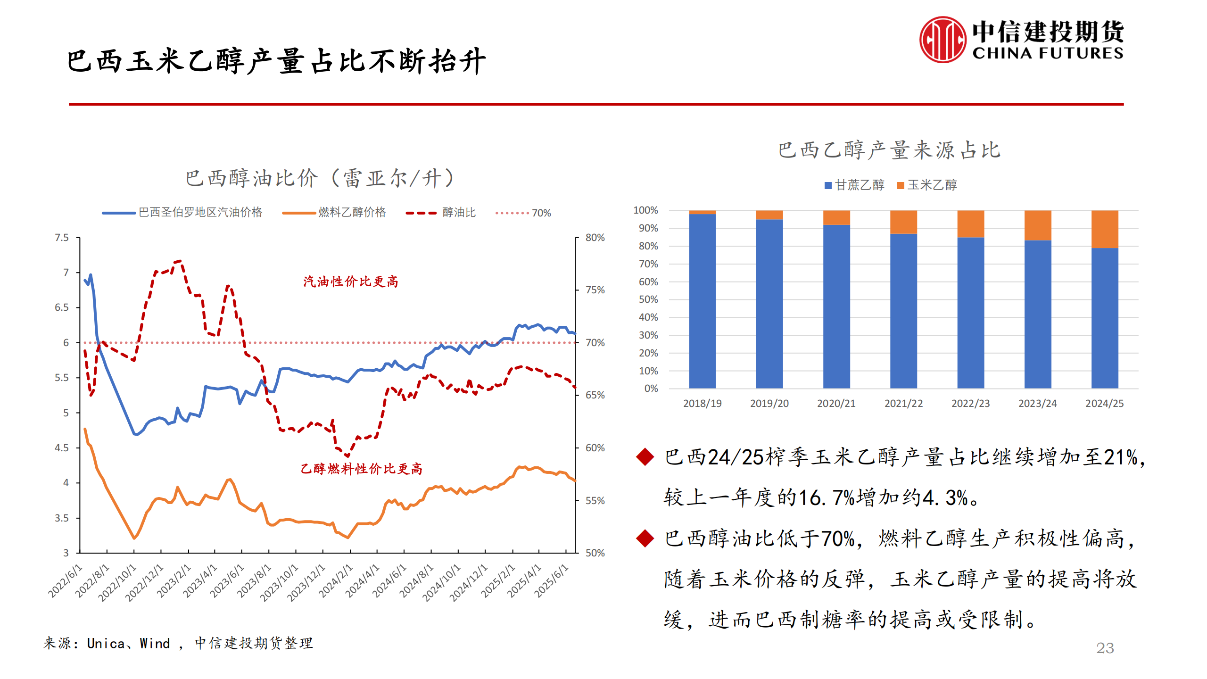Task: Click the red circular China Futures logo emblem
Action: (942, 40)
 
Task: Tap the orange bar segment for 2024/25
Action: (1104, 229)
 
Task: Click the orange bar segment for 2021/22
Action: (903, 222)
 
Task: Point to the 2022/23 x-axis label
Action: (970, 404)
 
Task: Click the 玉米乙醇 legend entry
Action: (927, 185)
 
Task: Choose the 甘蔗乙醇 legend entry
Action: (854, 185)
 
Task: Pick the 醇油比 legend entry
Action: (458, 213)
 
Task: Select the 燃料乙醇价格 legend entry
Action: (352, 213)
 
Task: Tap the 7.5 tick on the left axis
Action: (62, 238)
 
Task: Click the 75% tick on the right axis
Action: (595, 290)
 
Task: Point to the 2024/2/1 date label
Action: (336, 581)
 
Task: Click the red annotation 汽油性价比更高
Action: (350, 282)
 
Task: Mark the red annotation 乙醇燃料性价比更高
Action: (361, 469)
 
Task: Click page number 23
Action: (1105, 648)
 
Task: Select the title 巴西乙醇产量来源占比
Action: (889, 150)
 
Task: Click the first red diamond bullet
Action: (645, 456)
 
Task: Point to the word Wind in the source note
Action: (155, 643)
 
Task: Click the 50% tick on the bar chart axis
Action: (648, 299)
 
